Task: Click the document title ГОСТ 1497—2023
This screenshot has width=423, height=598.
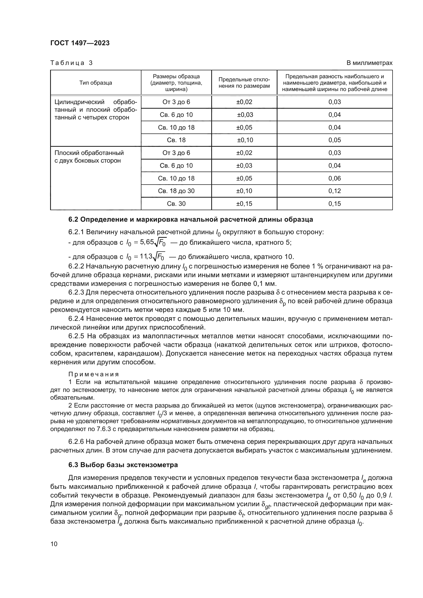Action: tap(80, 43)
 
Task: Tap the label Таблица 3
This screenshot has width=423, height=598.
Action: tap(71, 63)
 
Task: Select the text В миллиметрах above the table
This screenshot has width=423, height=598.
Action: tap(369, 63)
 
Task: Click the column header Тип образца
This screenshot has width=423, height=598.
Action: tap(96, 83)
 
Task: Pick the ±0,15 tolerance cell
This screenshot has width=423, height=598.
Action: tap(244, 204)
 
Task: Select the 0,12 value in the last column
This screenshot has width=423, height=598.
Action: tap(335, 191)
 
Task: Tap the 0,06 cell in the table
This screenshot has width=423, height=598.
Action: tap(335, 178)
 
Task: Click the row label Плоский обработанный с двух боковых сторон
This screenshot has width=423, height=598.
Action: tap(89, 156)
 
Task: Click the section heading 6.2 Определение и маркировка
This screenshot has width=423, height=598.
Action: tap(191, 219)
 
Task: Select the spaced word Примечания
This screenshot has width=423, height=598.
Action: tap(94, 374)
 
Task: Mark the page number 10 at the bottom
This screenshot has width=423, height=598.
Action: tap(54, 544)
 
